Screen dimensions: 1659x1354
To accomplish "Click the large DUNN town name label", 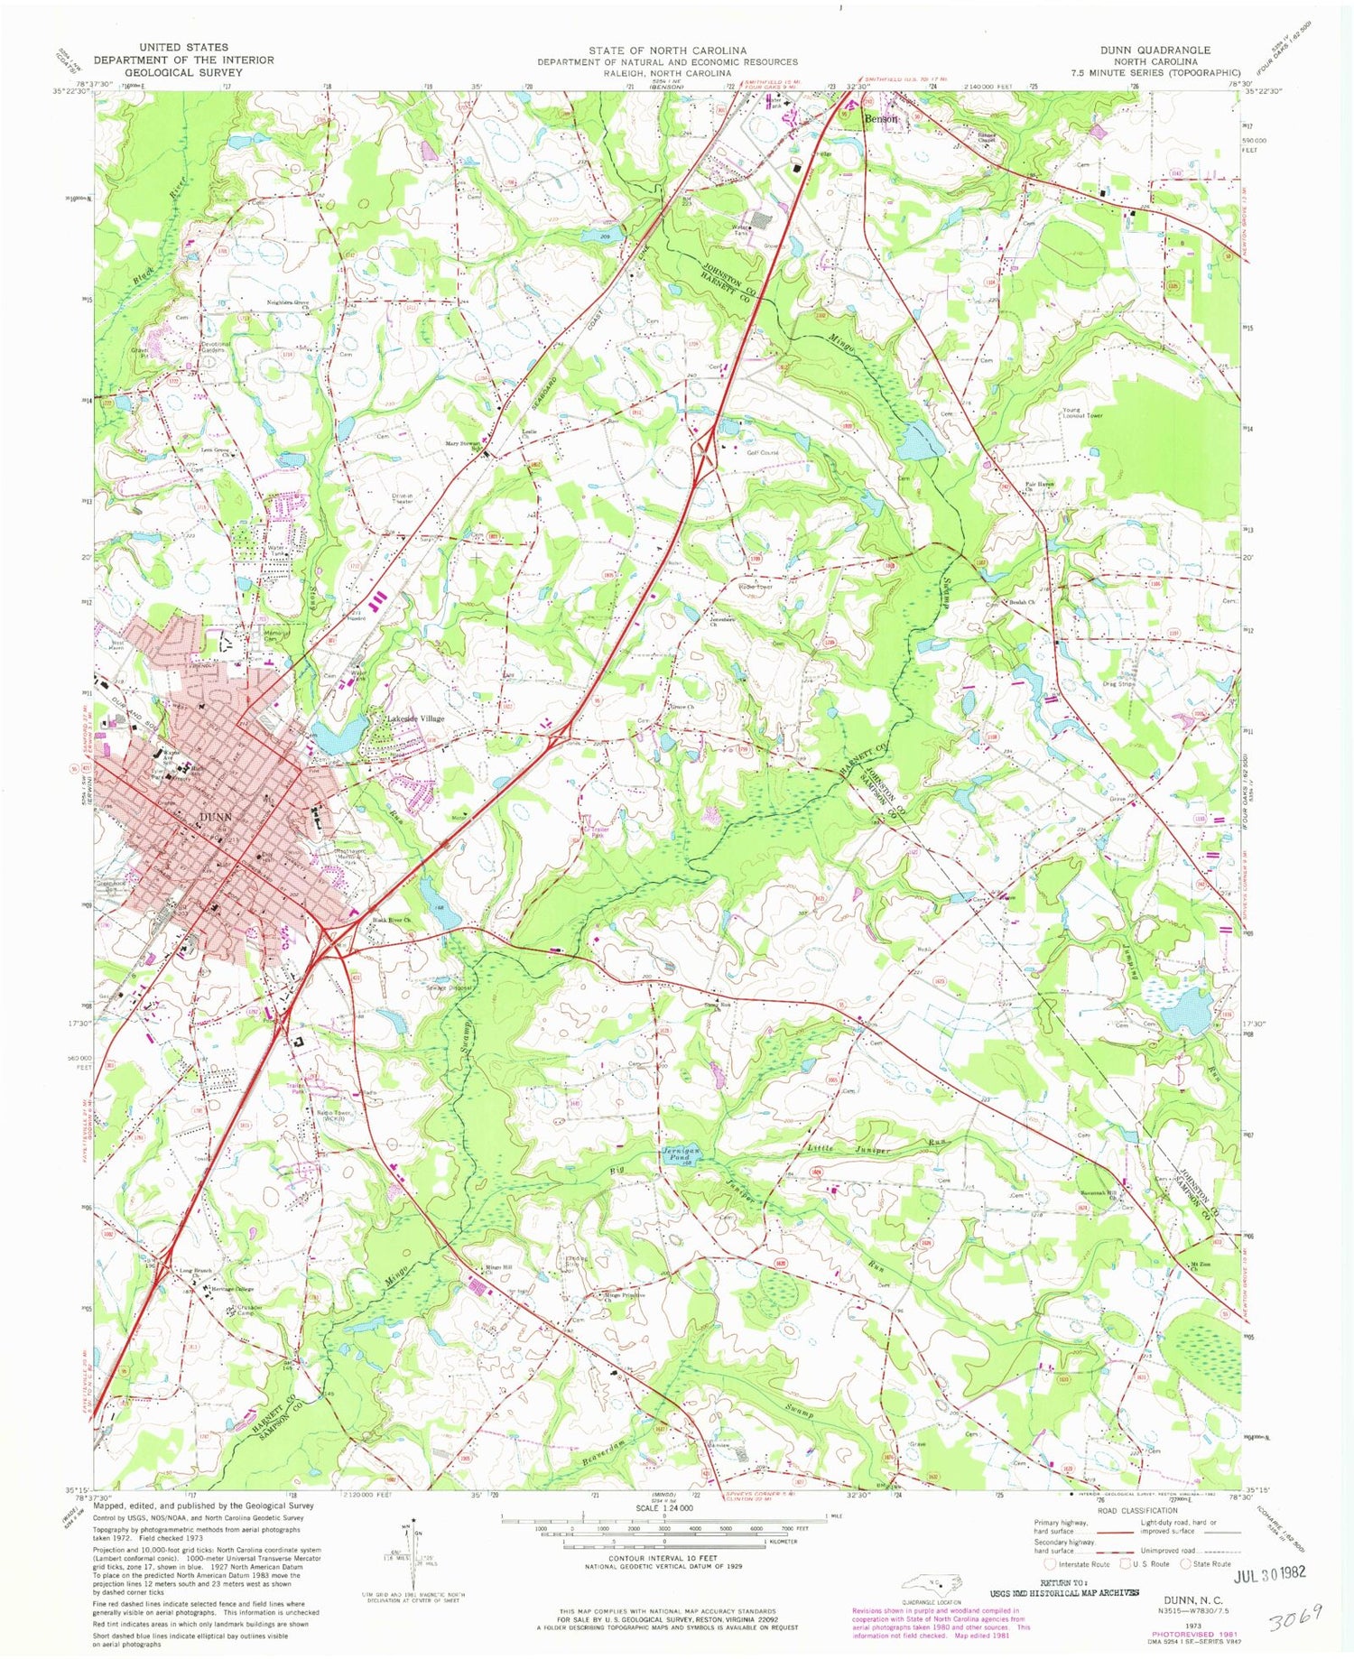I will [x=214, y=817].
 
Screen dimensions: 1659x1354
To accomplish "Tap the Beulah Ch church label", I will [x=1022, y=601].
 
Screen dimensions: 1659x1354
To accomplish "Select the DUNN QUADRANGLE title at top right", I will [x=1160, y=50].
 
